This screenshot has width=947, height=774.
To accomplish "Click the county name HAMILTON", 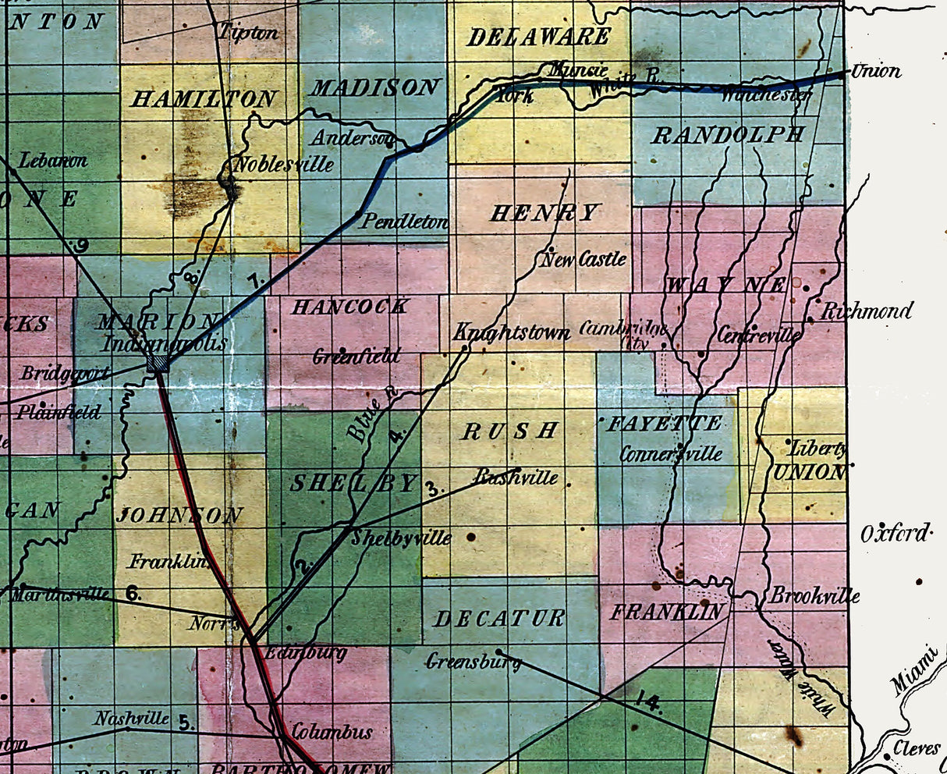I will tap(204, 99).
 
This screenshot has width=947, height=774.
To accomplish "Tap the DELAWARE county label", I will tap(538, 37).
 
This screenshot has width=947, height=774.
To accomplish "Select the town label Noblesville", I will tap(283, 165).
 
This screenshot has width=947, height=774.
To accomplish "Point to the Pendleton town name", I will tap(404, 222).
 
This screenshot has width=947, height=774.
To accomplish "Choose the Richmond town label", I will tap(866, 311).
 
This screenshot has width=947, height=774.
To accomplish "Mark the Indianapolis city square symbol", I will tap(158, 364).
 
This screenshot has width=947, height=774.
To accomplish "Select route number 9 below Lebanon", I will tap(82, 246).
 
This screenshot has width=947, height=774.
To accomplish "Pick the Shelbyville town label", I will tap(401, 538).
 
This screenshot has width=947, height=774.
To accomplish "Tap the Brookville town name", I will tap(815, 596).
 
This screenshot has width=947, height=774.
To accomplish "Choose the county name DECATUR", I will tap(498, 619).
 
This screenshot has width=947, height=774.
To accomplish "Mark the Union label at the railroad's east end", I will tap(876, 71).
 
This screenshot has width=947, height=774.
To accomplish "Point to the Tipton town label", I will tap(248, 33).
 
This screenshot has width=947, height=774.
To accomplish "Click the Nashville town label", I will tap(132, 718).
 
